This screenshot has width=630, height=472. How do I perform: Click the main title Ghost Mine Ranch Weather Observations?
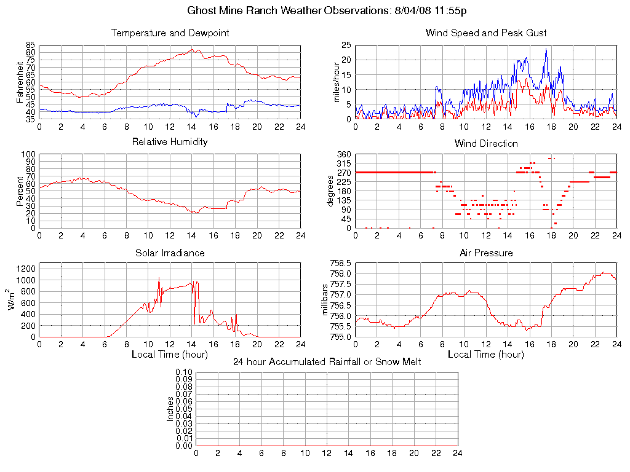326,11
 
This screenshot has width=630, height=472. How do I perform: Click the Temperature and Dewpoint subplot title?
170,33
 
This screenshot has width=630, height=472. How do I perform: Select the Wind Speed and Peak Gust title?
486,33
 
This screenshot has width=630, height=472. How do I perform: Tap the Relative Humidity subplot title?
170,142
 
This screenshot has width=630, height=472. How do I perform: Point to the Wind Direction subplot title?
486,144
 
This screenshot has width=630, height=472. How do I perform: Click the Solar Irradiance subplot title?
170,253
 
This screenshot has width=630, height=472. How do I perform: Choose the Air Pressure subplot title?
486,253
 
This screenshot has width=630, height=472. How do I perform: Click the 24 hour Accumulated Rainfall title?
327,362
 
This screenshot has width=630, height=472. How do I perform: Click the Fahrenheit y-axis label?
20,82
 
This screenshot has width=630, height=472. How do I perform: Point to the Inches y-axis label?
170,409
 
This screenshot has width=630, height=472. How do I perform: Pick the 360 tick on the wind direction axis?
343,154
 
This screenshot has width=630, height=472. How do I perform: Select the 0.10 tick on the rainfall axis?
184,372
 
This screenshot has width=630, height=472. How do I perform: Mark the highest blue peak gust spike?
546,49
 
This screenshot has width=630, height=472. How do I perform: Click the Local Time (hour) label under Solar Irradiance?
170,355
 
